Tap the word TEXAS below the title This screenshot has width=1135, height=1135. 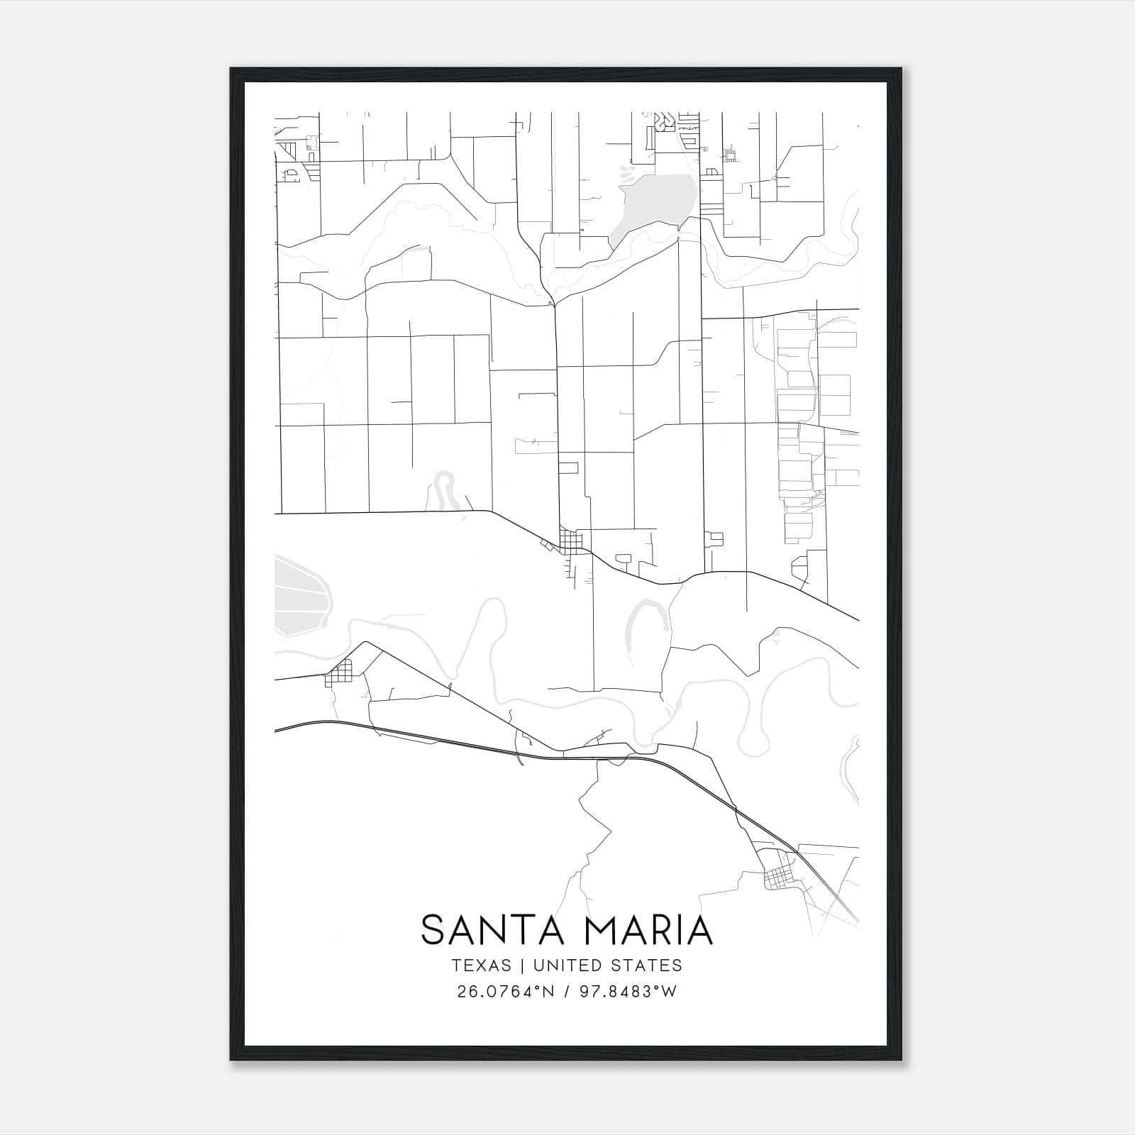click(x=481, y=965)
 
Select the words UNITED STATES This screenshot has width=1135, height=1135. click(x=607, y=965)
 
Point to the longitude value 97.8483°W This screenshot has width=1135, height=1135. click(x=629, y=991)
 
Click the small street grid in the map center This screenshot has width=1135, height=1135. click(x=570, y=540)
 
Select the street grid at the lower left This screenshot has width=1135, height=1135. click(x=339, y=672)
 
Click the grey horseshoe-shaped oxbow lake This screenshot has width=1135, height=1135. click(x=647, y=621)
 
